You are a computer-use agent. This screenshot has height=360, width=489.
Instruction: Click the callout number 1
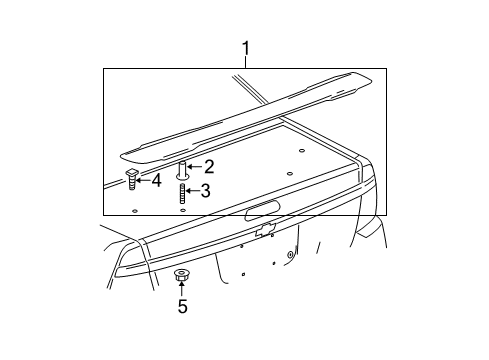coord(245,47)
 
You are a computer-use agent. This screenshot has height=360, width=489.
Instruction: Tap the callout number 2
coord(209,168)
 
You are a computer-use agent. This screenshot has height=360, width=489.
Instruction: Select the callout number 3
coord(205,191)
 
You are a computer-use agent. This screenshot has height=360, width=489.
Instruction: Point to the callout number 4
coord(156,180)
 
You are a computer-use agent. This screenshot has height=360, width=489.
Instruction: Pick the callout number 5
coord(182,306)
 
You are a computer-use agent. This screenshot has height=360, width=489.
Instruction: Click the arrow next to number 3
coord(193,191)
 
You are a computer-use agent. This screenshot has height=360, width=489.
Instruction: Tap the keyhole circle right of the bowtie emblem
coord(290,255)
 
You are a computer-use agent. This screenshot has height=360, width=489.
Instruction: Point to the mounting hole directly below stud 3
coord(182,211)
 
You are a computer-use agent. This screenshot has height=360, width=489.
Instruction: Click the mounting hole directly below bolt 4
coord(134,212)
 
